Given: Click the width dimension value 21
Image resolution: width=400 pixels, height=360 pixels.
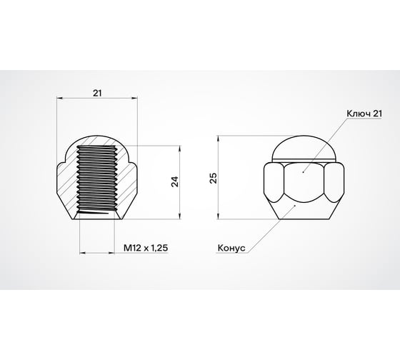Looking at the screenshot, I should [96, 92].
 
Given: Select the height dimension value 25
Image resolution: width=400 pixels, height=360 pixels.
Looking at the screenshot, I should [214, 178].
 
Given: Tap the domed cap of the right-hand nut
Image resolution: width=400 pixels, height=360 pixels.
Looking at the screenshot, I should [304, 145].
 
